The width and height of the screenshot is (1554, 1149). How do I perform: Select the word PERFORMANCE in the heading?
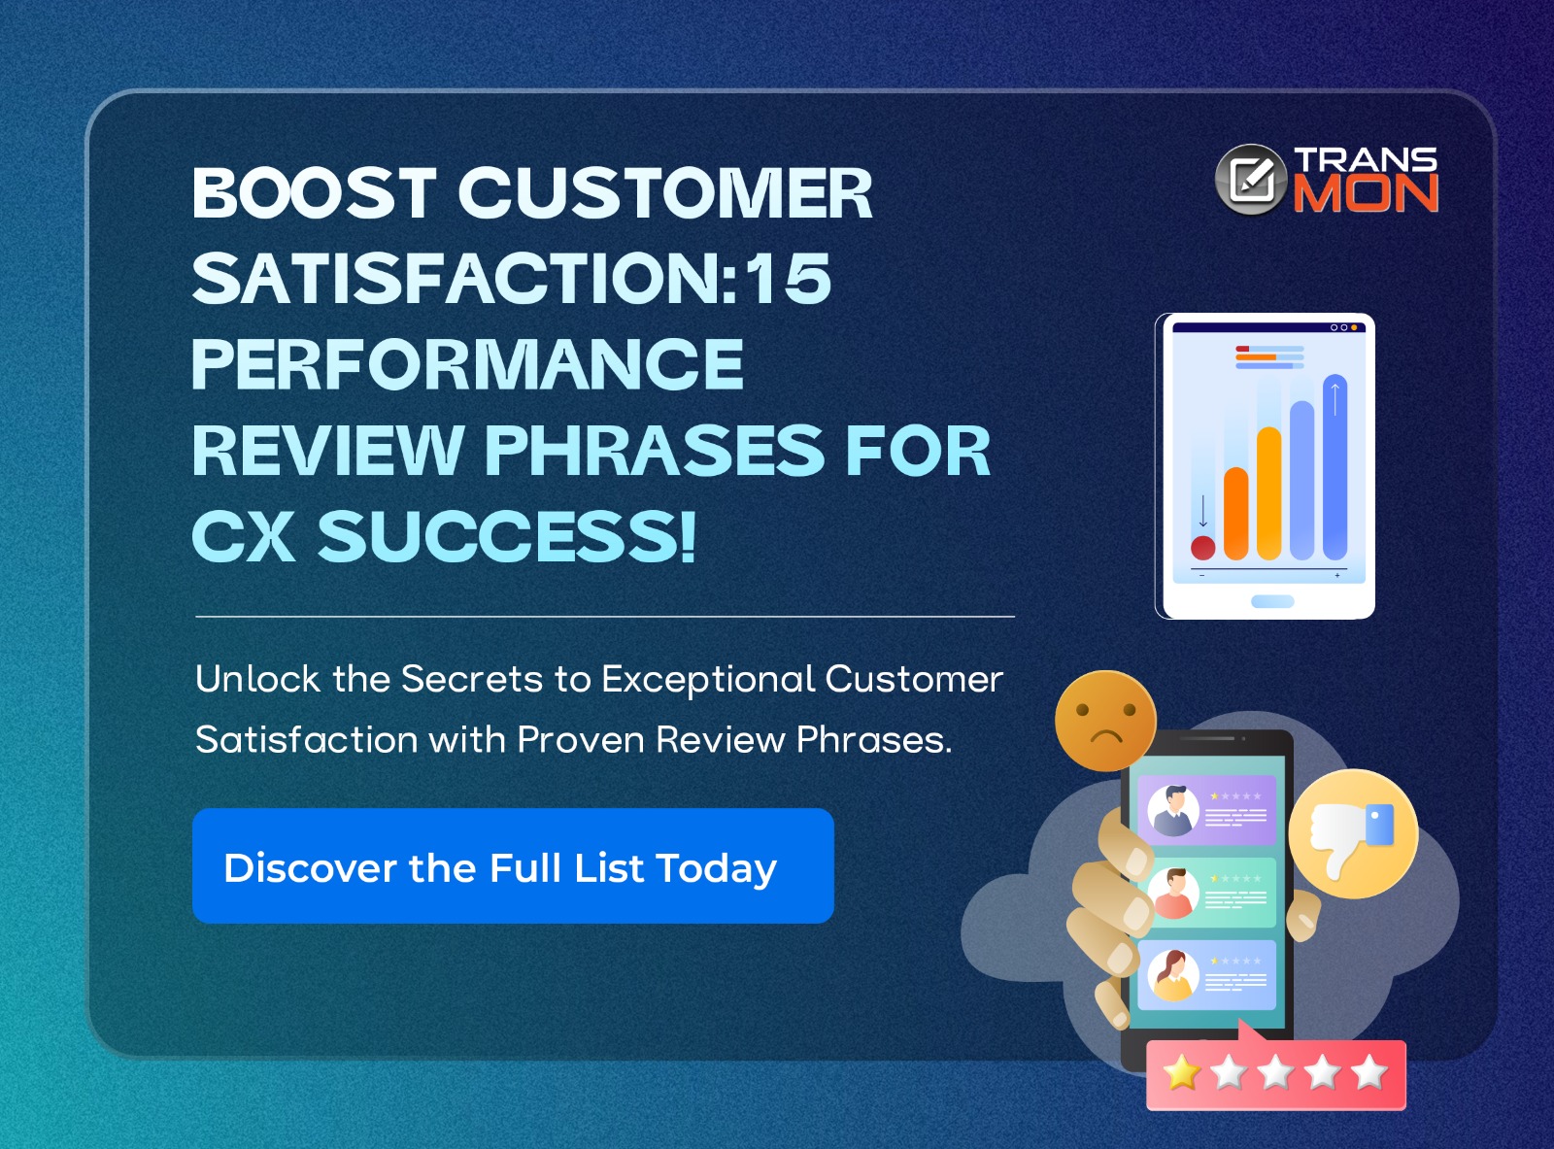(x=467, y=364)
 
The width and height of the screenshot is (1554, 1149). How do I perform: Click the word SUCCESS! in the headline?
(x=507, y=536)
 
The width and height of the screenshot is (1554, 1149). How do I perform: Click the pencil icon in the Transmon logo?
(x=1251, y=180)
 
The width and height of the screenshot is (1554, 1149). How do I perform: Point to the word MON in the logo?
(x=1365, y=193)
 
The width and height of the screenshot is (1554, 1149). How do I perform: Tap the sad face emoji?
(x=1105, y=721)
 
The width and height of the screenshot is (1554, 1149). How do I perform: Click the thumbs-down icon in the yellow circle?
(x=1352, y=833)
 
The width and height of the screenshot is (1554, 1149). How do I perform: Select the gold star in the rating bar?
(x=1182, y=1073)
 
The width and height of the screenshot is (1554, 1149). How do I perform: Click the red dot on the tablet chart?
(x=1203, y=548)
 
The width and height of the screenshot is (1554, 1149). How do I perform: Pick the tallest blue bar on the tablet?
(x=1335, y=466)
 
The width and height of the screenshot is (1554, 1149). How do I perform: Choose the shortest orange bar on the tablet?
(x=1235, y=513)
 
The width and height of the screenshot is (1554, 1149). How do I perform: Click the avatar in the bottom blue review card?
(x=1173, y=974)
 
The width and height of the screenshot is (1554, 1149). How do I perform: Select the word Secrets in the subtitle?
(x=471, y=679)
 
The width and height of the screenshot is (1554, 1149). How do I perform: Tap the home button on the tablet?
(x=1271, y=601)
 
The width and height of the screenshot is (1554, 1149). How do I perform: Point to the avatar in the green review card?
(x=1173, y=893)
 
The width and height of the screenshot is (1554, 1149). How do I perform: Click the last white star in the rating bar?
(x=1369, y=1073)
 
